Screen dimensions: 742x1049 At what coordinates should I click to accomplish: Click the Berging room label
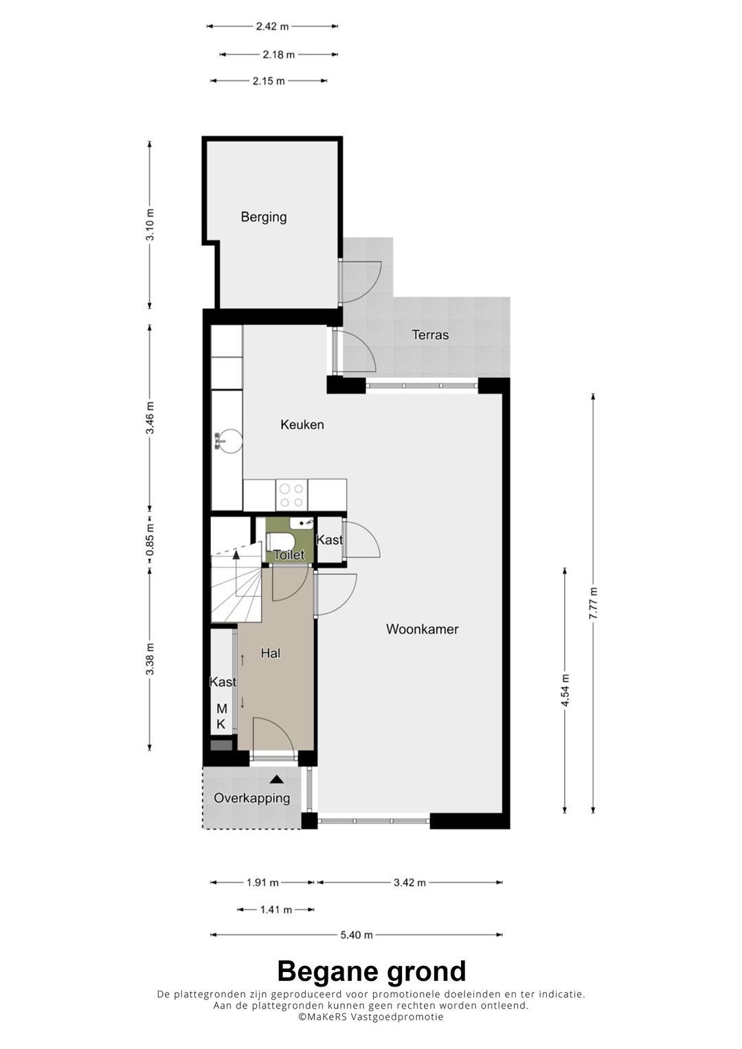[x=264, y=217]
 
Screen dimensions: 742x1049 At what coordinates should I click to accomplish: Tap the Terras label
[x=430, y=335]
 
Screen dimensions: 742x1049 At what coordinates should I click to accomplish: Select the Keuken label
[x=302, y=425]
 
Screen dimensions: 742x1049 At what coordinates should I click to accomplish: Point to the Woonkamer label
[x=422, y=629]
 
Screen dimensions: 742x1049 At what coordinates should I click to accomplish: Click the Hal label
[x=270, y=653]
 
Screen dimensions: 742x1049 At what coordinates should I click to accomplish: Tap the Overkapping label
[x=252, y=798]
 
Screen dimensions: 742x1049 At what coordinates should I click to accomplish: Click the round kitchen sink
[x=229, y=440]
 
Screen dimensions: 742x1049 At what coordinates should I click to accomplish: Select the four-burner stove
[x=291, y=495]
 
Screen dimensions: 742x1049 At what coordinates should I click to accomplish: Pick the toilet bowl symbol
[x=280, y=543]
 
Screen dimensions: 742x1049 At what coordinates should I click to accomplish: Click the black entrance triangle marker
[x=278, y=779]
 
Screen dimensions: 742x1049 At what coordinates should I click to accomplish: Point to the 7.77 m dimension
[x=593, y=604]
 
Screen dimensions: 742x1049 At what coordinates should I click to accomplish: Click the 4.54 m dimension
[x=565, y=691]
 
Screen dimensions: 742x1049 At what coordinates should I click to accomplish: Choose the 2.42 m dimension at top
[x=272, y=26]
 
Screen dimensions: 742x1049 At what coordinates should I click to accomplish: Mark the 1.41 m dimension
[x=276, y=910]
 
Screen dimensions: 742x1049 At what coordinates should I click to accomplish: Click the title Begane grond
[x=372, y=971]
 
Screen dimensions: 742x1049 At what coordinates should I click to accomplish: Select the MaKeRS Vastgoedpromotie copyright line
[x=371, y=1017]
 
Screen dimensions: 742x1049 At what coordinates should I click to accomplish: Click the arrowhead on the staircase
[x=236, y=555]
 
